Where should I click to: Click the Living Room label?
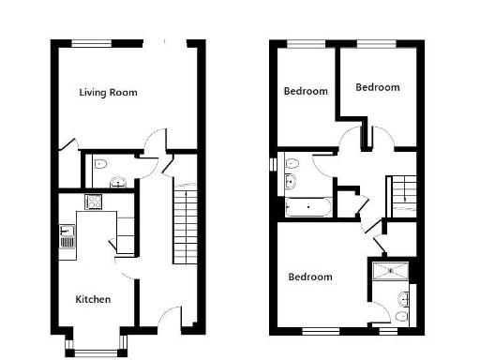pos(108,92)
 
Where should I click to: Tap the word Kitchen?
pos(93,299)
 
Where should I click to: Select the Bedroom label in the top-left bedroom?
pos(306,91)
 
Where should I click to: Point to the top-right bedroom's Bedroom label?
pos(377,87)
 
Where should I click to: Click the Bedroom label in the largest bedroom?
pos(309,277)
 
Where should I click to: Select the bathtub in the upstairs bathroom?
pos(306,205)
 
